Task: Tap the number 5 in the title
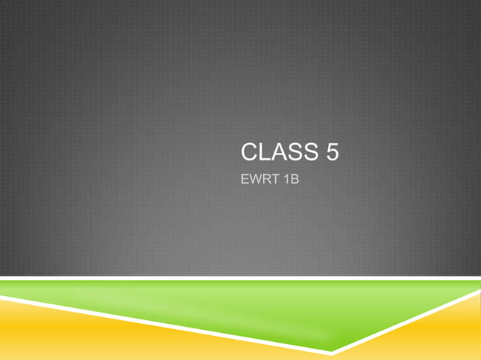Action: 331,153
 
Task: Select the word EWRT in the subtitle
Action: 258,182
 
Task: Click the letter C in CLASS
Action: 249,153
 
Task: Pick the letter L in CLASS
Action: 263,153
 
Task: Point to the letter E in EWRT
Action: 244,182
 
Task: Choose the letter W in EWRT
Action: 254,182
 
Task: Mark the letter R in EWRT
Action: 265,182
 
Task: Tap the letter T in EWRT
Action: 273,182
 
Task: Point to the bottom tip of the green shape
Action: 332,350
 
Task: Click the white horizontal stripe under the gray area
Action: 241,279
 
